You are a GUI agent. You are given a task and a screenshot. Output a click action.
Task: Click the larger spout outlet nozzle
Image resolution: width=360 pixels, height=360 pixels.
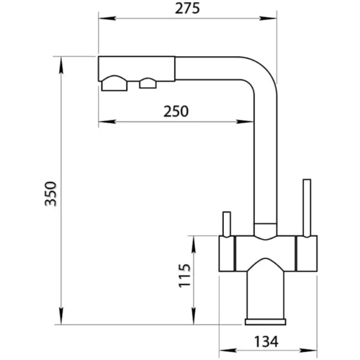(x=116, y=84)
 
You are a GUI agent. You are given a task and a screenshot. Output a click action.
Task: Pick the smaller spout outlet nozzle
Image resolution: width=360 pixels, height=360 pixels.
(x=148, y=83)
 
